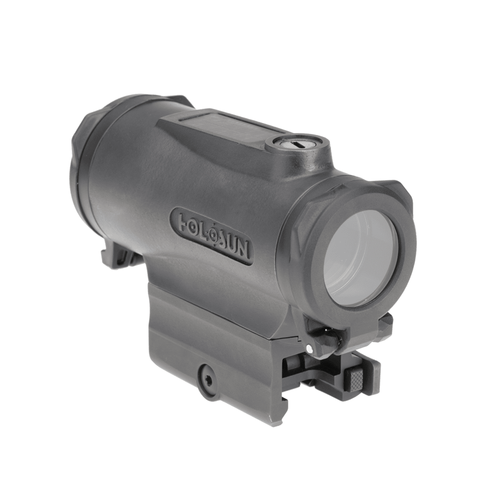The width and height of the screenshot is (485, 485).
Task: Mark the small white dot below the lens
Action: click(309, 348)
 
